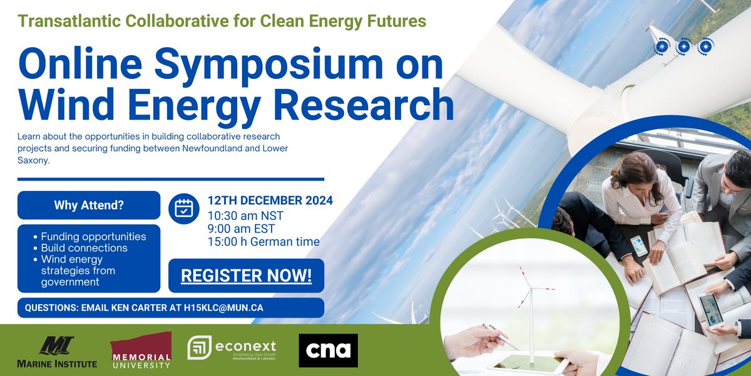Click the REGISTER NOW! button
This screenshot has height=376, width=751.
pos(246,276)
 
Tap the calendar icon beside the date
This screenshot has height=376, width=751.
pos(183,208)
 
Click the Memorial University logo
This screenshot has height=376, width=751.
pos(141,350)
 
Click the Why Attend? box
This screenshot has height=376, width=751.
pos(89,205)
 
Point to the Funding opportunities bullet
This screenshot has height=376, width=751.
pos(93,237)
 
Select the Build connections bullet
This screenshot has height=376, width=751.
pos(84,248)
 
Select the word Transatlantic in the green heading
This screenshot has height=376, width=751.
pos(70,20)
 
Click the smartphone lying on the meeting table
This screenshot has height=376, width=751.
pos(638,246)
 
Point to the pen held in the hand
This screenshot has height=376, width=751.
pos(501,337)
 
